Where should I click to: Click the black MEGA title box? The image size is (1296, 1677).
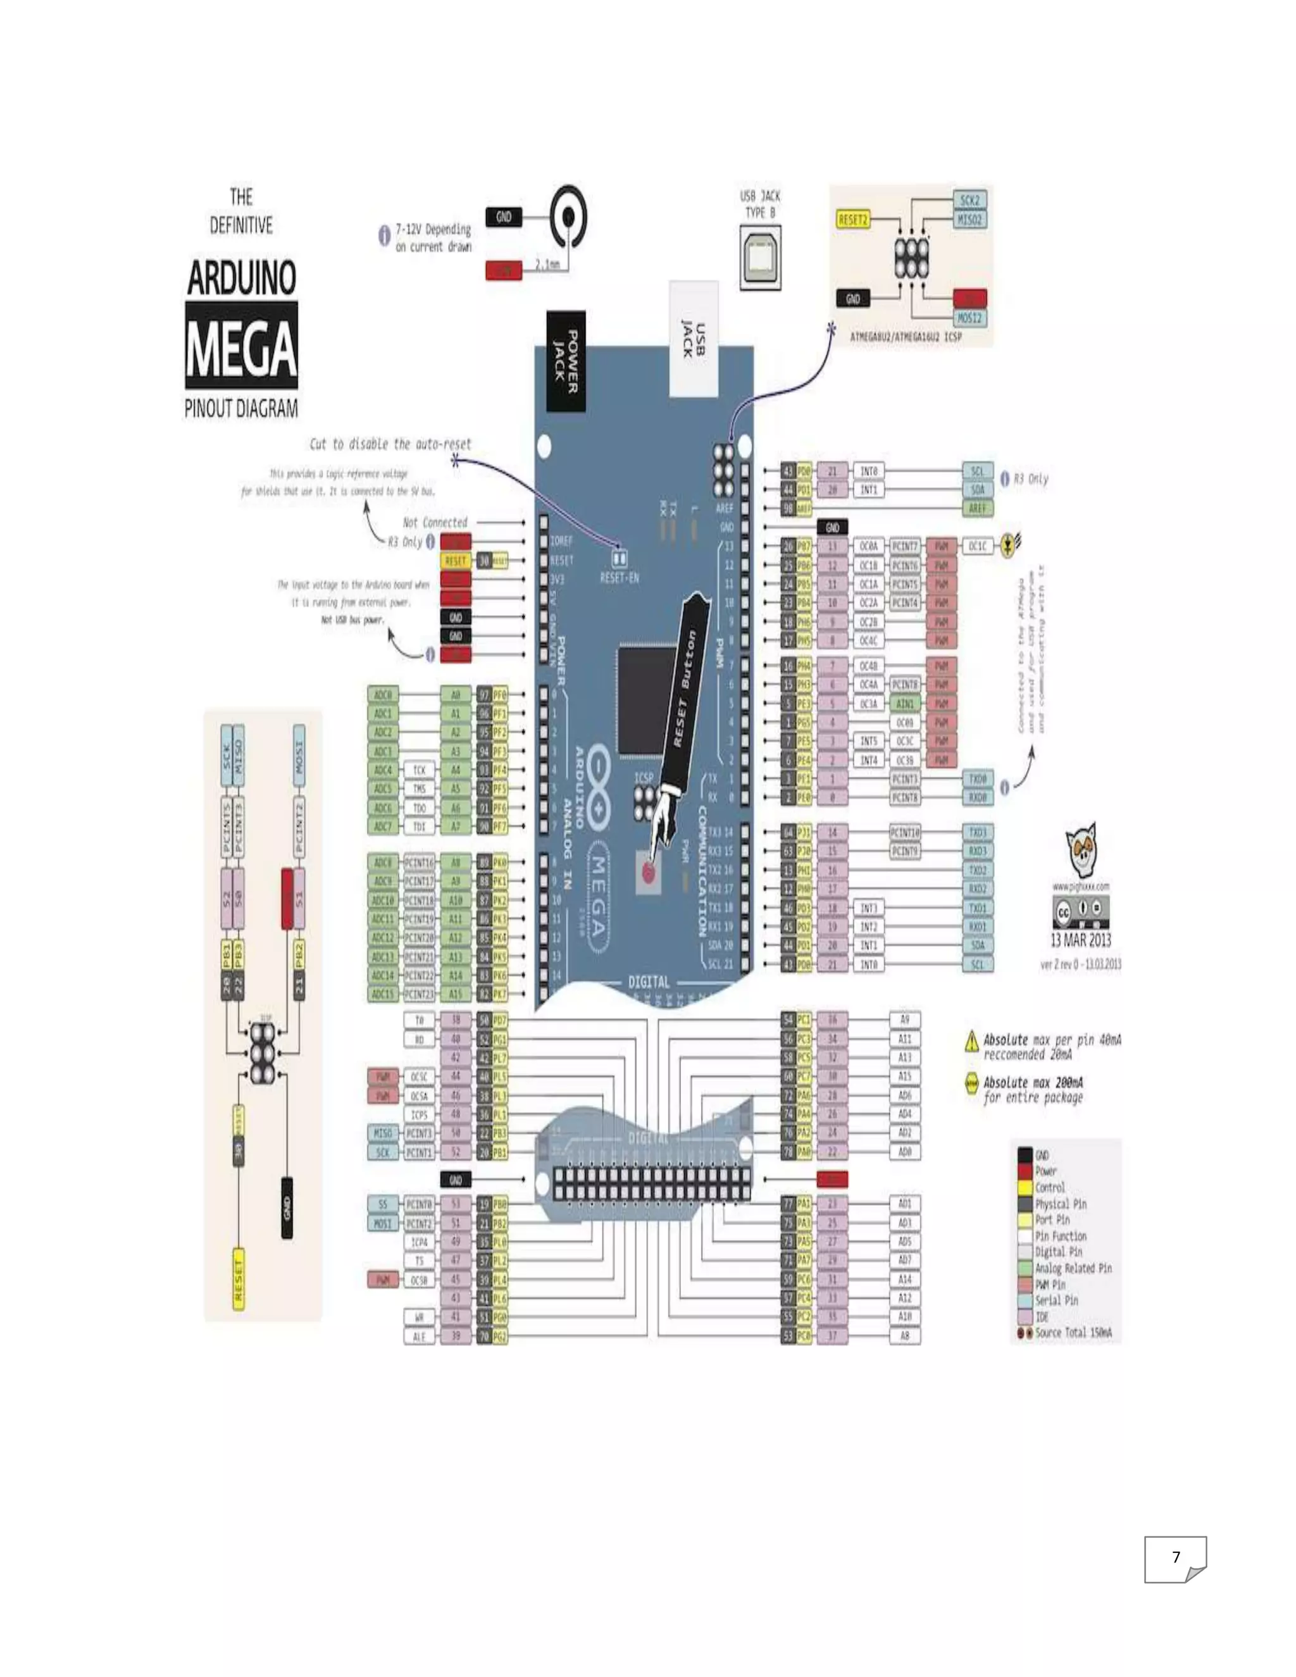[241, 346]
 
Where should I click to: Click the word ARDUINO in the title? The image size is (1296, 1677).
[242, 278]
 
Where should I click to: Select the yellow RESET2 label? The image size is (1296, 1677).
[852, 220]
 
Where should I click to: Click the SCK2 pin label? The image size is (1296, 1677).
[969, 201]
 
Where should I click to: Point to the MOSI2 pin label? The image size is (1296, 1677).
[969, 318]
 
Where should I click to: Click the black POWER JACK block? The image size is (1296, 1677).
[566, 361]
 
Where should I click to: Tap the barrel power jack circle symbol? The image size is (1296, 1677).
[568, 217]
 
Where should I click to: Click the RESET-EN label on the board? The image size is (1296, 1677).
[619, 577]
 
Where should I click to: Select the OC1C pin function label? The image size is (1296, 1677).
[977, 546]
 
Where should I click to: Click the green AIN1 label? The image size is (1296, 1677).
[905, 703]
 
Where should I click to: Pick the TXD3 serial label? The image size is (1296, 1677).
[977, 832]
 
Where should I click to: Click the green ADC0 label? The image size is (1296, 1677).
[382, 695]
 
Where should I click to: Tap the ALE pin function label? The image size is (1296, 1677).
[419, 1336]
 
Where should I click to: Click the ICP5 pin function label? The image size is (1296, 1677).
[419, 1114]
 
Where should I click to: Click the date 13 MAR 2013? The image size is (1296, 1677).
[1080, 940]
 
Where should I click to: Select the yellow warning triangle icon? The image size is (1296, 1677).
[971, 1040]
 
